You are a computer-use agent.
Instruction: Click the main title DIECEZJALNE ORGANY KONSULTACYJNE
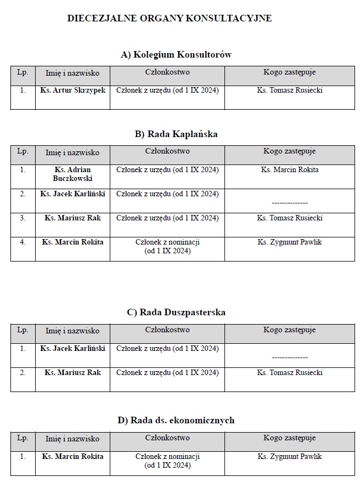[x=169, y=18]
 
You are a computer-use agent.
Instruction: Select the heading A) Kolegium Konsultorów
[x=176, y=54]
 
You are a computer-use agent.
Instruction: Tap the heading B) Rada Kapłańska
[x=176, y=134]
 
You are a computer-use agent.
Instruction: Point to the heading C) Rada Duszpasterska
[x=176, y=312]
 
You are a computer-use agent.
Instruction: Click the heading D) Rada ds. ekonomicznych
[x=176, y=420]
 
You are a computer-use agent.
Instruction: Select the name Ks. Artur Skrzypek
[x=72, y=90]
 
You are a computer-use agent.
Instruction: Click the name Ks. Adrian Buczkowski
[x=72, y=174]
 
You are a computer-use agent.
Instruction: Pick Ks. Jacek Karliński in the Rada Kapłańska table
[x=72, y=194]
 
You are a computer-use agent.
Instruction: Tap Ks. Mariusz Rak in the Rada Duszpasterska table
[x=72, y=372]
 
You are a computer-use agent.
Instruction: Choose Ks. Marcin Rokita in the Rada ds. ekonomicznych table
[x=72, y=456]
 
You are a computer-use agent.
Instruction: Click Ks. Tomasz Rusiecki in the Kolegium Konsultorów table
[x=289, y=90]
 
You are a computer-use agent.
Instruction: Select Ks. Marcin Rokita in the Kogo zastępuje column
[x=289, y=169]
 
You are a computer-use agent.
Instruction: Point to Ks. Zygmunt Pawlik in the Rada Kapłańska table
[x=289, y=242]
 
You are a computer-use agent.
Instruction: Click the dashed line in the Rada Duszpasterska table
[x=289, y=358]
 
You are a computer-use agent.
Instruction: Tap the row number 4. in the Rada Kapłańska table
[x=22, y=242]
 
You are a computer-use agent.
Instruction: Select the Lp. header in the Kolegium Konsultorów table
[x=22, y=72]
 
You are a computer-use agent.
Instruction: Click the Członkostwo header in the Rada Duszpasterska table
[x=167, y=330]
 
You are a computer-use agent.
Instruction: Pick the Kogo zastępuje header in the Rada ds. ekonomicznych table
[x=289, y=438]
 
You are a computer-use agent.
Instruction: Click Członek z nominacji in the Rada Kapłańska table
[x=167, y=242]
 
